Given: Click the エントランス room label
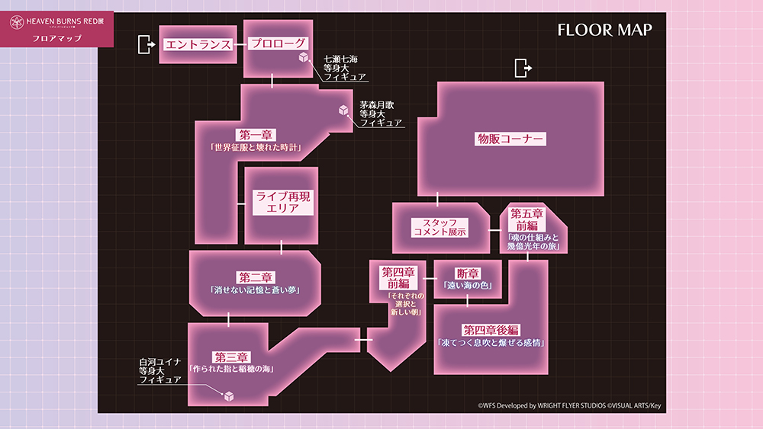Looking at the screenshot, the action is click(198, 44).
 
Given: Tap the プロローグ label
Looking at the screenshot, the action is click(278, 43).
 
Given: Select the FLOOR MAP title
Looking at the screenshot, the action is click(605, 30).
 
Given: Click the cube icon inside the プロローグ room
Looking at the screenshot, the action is click(304, 57).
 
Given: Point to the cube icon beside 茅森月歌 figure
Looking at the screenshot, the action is click(343, 110).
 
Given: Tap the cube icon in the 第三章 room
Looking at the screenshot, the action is click(229, 396).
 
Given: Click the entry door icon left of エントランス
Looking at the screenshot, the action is click(146, 44).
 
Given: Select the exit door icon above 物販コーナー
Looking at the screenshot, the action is click(523, 68).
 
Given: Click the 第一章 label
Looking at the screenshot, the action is click(256, 135).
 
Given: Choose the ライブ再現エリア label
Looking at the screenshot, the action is click(283, 202).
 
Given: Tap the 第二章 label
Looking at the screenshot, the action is click(256, 277).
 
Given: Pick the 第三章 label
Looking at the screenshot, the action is click(232, 357).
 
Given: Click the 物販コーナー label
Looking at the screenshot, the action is click(510, 139).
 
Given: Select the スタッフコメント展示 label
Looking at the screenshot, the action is click(440, 227).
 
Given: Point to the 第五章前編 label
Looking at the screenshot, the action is click(526, 219).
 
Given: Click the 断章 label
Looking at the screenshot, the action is click(468, 274).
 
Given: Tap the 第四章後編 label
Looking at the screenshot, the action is click(491, 331).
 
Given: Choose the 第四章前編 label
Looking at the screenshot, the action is click(398, 278).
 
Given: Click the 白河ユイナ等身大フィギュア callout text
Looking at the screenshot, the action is click(160, 370).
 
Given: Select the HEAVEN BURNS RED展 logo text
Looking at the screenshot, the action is click(65, 21).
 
